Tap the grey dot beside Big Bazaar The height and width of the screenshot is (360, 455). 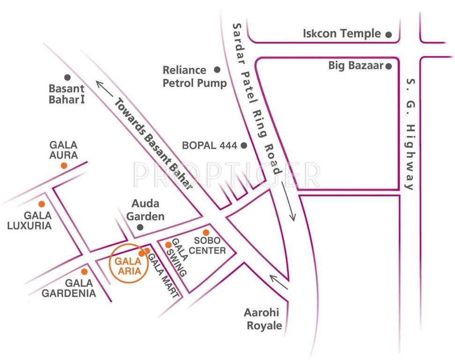point(388,66)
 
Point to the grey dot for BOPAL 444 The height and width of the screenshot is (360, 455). point(244,145)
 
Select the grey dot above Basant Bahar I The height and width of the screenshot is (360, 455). point(67,77)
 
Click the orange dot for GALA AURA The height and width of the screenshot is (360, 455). point(64,165)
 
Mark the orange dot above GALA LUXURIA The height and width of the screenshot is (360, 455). point(42,204)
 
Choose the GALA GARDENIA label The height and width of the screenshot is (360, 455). point(69,288)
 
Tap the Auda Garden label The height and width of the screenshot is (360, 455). point(145,210)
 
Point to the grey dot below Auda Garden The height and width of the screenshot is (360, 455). point(140,227)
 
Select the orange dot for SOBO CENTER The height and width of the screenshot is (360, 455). point(206,232)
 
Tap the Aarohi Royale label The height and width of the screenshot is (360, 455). point(263,319)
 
